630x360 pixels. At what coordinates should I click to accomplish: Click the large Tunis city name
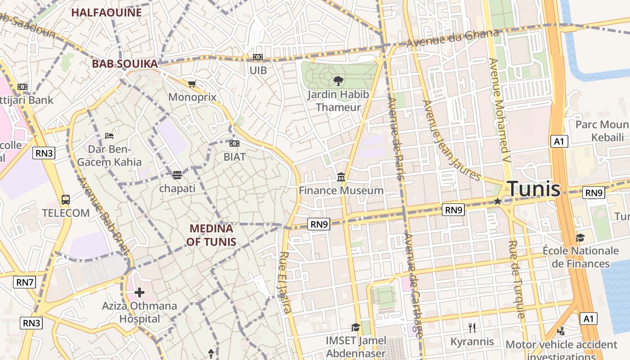click(x=534, y=189)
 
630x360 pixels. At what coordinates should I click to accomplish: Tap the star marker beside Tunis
click(x=497, y=201)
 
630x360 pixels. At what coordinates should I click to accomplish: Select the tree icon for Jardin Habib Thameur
click(x=338, y=81)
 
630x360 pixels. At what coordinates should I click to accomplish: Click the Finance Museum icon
click(x=341, y=178)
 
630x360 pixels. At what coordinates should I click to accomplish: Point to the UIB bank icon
click(x=258, y=57)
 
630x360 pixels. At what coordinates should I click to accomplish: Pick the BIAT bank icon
click(x=234, y=144)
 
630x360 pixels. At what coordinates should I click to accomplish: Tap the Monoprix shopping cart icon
click(x=192, y=84)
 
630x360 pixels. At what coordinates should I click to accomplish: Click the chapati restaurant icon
click(x=177, y=175)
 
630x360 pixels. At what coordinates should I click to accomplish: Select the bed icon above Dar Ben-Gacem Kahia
click(x=109, y=135)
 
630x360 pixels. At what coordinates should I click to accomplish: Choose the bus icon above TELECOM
click(x=66, y=199)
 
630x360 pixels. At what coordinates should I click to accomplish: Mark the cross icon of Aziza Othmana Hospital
click(x=139, y=293)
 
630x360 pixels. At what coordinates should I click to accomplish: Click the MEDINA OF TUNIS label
click(x=211, y=235)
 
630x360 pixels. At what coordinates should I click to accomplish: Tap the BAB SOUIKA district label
click(x=125, y=64)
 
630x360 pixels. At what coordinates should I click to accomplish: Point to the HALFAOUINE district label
click(x=107, y=13)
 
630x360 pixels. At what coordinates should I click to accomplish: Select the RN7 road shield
click(x=25, y=283)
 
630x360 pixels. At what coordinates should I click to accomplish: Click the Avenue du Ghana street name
click(x=453, y=39)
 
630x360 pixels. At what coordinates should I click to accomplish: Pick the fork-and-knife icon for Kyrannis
click(x=472, y=328)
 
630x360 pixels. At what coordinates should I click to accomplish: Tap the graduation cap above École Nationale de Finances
click(x=580, y=237)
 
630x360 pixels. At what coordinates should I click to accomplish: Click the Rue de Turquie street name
click(x=517, y=279)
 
